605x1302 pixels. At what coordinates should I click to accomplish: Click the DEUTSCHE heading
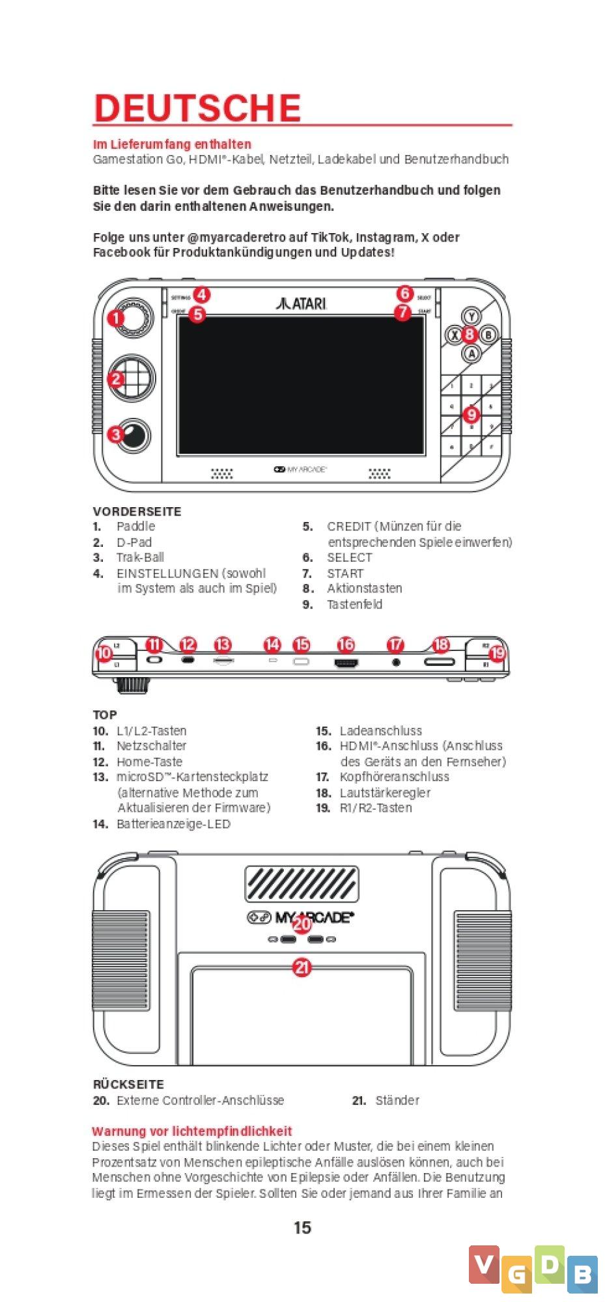coord(197,108)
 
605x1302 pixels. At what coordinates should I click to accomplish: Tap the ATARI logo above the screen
coord(301,303)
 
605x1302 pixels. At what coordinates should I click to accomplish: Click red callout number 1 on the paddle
coord(116,318)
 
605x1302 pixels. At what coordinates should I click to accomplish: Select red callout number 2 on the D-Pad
coord(116,379)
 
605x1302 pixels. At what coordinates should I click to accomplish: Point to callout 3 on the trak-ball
coord(115,434)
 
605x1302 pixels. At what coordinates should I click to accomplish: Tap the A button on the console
coord(471,353)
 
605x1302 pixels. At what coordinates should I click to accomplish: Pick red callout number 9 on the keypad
coord(471,414)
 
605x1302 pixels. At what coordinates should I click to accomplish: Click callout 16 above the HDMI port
coord(346,644)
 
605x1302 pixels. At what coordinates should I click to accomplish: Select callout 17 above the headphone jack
coord(395,644)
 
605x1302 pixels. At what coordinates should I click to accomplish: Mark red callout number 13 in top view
coord(223,644)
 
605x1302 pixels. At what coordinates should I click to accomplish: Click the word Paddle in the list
coord(135,526)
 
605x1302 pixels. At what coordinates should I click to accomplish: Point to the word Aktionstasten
coord(364,589)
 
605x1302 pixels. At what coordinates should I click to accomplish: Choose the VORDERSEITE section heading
coord(137,512)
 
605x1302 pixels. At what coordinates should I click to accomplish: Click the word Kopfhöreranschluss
coord(394,777)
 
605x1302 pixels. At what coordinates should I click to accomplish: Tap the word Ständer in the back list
coord(397,1100)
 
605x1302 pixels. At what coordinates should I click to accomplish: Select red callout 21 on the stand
coord(302,968)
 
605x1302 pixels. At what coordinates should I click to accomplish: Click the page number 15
coord(302,1228)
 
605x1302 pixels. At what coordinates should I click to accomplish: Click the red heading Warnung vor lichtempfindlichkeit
coord(192,1131)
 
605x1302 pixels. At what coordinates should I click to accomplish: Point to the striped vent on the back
coord(302,884)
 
